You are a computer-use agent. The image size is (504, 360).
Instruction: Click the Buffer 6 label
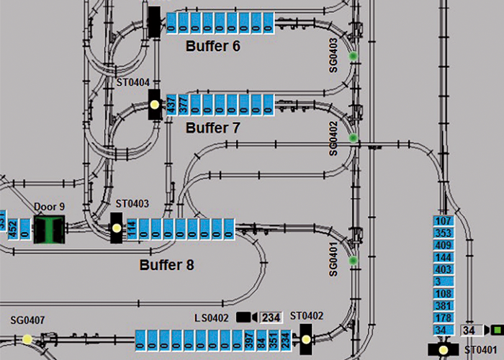pyautogui.click(x=212, y=46)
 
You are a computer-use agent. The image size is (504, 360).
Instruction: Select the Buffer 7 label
pyautogui.click(x=212, y=128)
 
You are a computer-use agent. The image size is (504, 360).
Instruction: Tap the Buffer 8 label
pyautogui.click(x=166, y=265)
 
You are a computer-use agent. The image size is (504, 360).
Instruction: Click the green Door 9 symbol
pyautogui.click(x=50, y=230)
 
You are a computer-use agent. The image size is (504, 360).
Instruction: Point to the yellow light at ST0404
pyautogui.click(x=154, y=104)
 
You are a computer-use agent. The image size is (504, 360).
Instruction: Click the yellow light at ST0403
pyautogui.click(x=116, y=228)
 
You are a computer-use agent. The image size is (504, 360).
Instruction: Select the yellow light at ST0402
pyautogui.click(x=305, y=338)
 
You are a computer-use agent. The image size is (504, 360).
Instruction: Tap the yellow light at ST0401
pyautogui.click(x=443, y=350)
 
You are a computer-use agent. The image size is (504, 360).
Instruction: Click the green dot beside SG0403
pyautogui.click(x=353, y=55)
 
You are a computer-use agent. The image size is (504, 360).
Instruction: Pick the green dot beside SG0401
pyautogui.click(x=353, y=260)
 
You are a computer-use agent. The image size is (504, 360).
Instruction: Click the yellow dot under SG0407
pyautogui.click(x=27, y=339)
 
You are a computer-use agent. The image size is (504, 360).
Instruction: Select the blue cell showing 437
pyautogui.click(x=171, y=105)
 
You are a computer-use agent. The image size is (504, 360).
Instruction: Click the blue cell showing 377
pyautogui.click(x=183, y=105)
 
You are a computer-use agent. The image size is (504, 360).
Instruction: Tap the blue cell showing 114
pyautogui.click(x=132, y=229)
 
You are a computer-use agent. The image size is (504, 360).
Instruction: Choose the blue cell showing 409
pyautogui.click(x=443, y=245)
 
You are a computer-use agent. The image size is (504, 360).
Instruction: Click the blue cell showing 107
pyautogui.click(x=443, y=220)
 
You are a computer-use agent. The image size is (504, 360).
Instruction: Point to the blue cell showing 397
pyautogui.click(x=248, y=339)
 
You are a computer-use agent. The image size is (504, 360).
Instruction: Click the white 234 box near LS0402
pyautogui.click(x=271, y=318)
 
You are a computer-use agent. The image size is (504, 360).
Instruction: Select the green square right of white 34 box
pyautogui.click(x=495, y=330)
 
